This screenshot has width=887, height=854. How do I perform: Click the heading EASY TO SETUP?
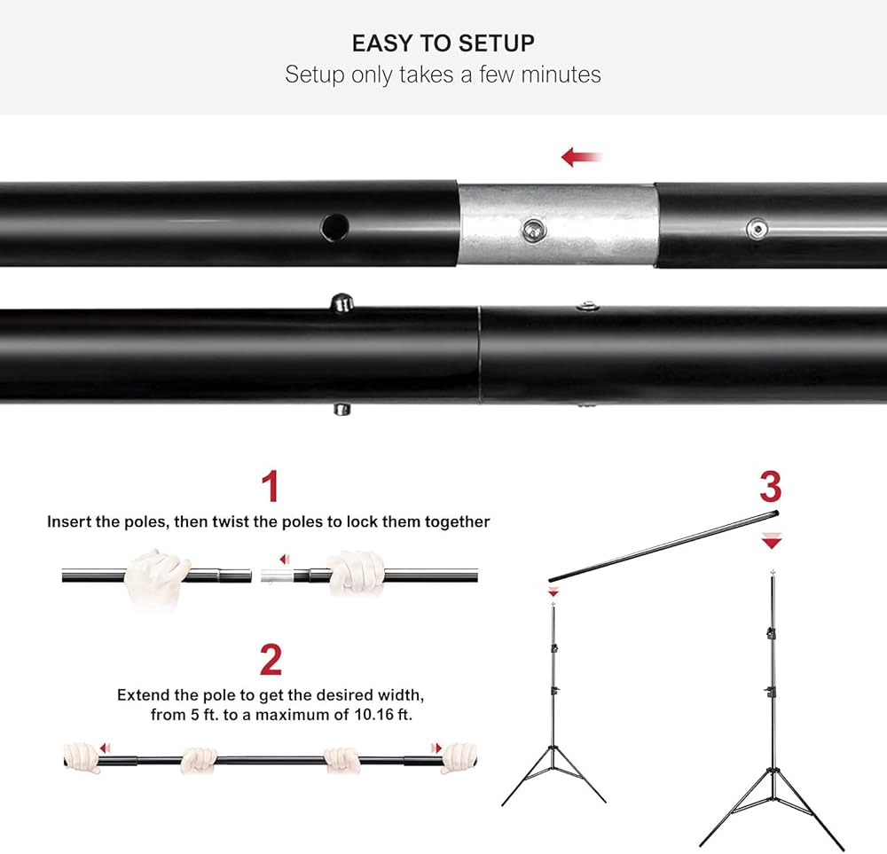tap(443, 43)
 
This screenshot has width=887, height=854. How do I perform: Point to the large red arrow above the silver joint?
tap(582, 157)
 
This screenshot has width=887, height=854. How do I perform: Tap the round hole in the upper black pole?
tap(334, 227)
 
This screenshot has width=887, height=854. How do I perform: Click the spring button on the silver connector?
tap(533, 230)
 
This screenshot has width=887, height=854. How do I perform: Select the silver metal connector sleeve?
tap(557, 224)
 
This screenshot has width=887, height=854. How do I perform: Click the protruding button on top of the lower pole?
tap(341, 302)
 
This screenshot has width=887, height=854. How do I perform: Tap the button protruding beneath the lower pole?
tap(341, 409)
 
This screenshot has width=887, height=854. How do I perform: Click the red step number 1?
tap(271, 486)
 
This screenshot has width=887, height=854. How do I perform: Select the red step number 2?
tap(271, 660)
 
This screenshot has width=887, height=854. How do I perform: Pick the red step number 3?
tap(771, 486)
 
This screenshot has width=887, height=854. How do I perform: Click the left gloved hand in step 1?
tap(155, 577)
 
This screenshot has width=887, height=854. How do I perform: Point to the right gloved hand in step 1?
tap(356, 572)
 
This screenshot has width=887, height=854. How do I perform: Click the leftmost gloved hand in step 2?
tap(82, 758)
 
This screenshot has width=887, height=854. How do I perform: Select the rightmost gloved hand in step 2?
tap(459, 758)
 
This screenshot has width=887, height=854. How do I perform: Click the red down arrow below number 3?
tap(772, 541)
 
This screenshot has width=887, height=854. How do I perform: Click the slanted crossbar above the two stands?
tap(663, 546)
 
